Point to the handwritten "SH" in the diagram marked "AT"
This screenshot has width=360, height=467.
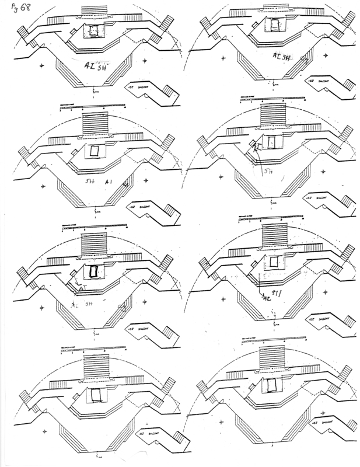(89, 304)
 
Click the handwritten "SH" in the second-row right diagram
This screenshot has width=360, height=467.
(267, 172)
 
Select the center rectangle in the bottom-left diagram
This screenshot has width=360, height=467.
(95, 395)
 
